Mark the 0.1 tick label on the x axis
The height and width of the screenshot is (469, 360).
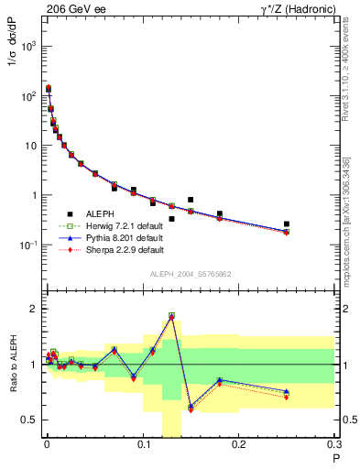tap(143, 447)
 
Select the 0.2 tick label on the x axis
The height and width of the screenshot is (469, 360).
tap(239, 447)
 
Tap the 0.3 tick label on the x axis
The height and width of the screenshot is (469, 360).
tap(334, 447)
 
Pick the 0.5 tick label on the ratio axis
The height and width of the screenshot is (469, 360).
tap(29, 420)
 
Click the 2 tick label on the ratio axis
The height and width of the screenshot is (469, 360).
tap(34, 309)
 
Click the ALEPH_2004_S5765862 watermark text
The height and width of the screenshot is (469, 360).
tap(190, 274)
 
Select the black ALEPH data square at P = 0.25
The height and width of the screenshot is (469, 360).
tap(287, 224)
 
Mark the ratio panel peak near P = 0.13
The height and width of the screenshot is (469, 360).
tap(171, 316)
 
